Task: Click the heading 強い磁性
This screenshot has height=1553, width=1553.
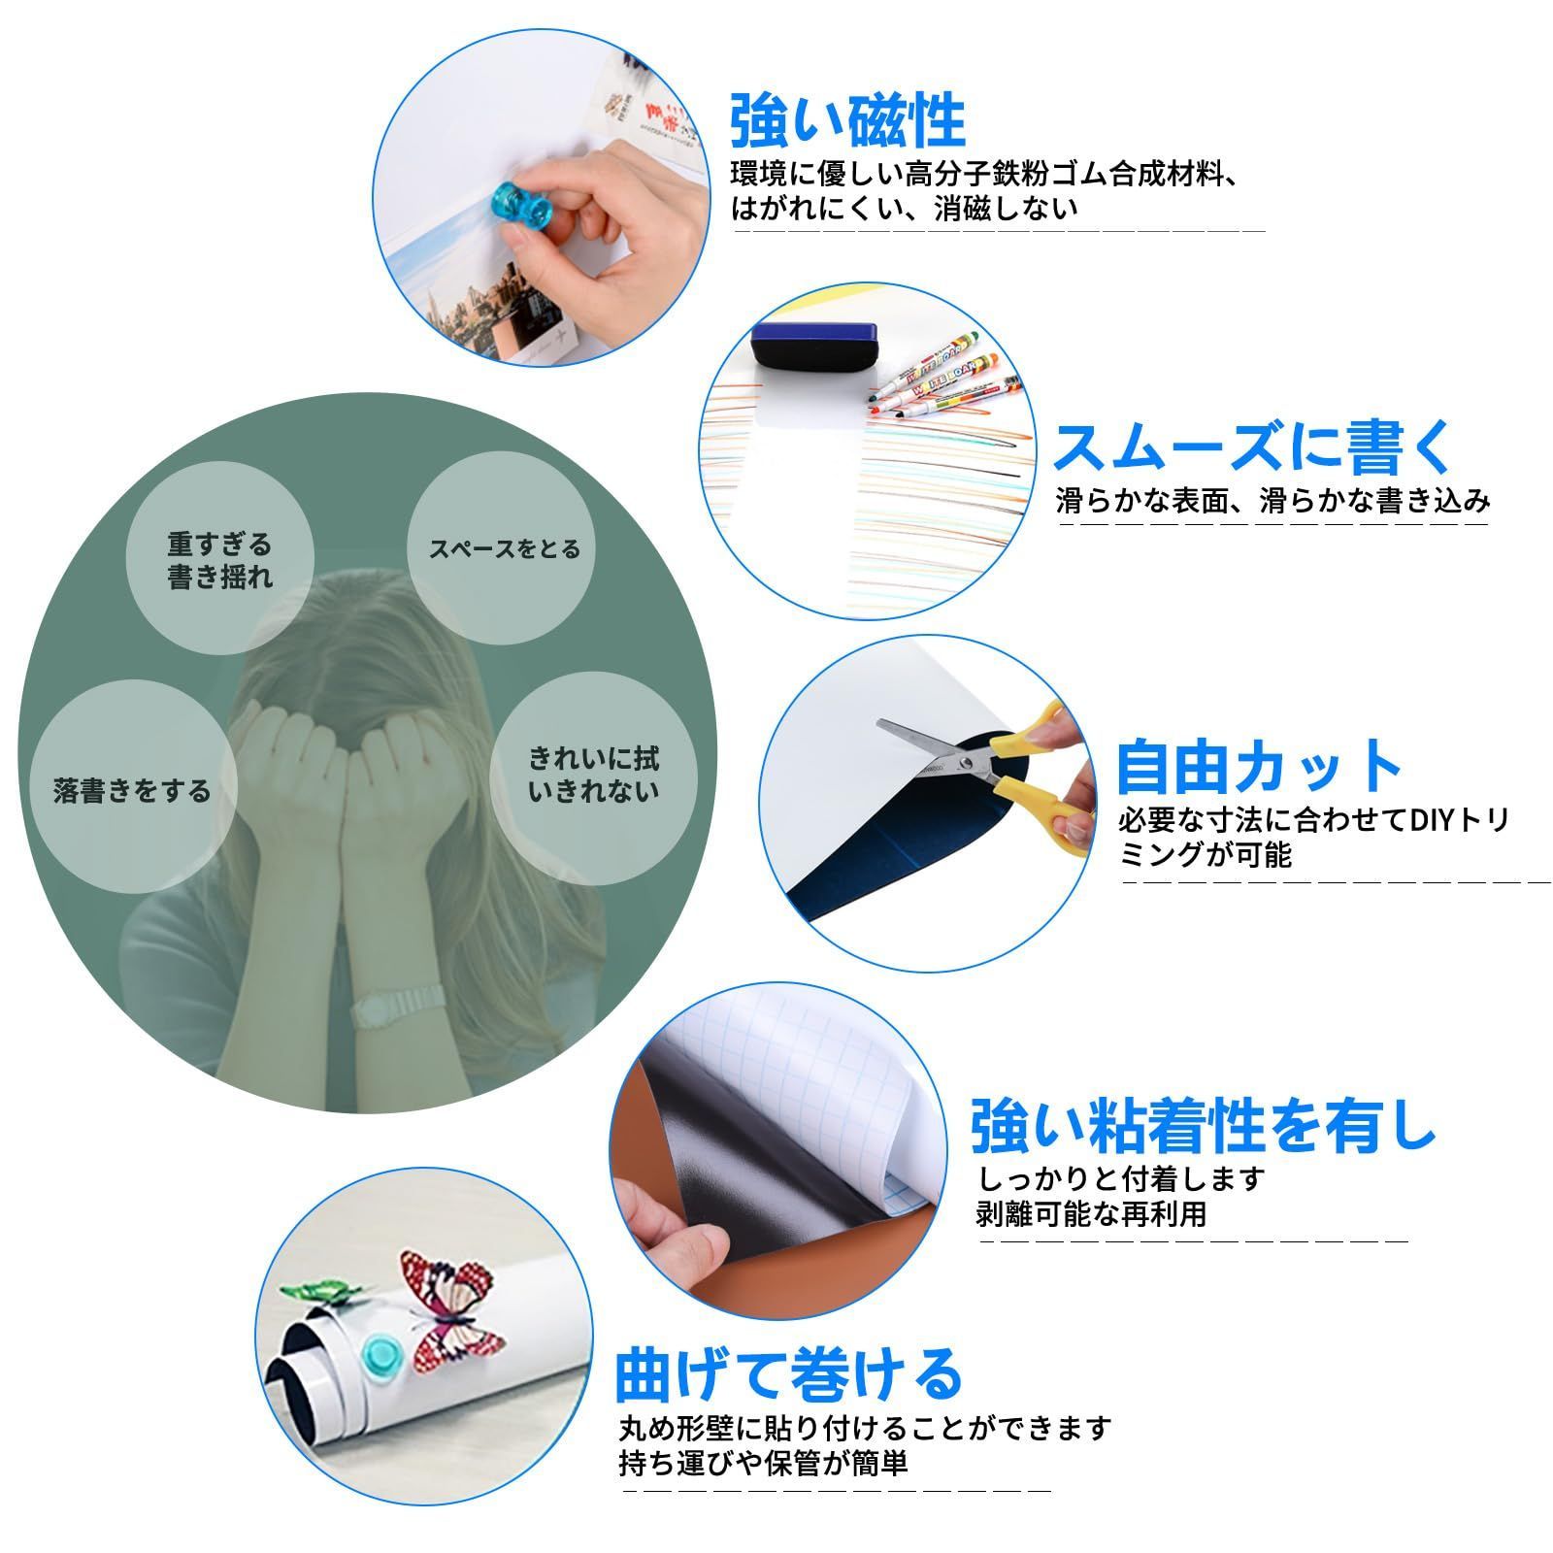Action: tap(847, 121)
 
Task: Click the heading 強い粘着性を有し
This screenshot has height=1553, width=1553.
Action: tap(1204, 1126)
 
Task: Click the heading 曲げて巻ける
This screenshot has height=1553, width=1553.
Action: tap(788, 1373)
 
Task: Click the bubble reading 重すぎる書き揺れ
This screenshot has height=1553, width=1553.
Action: tap(220, 560)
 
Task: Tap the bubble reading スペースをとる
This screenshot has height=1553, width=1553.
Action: tap(504, 549)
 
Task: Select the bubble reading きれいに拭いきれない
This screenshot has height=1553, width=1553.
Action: tap(593, 774)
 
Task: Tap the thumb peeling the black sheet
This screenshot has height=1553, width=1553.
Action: tap(679, 1242)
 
